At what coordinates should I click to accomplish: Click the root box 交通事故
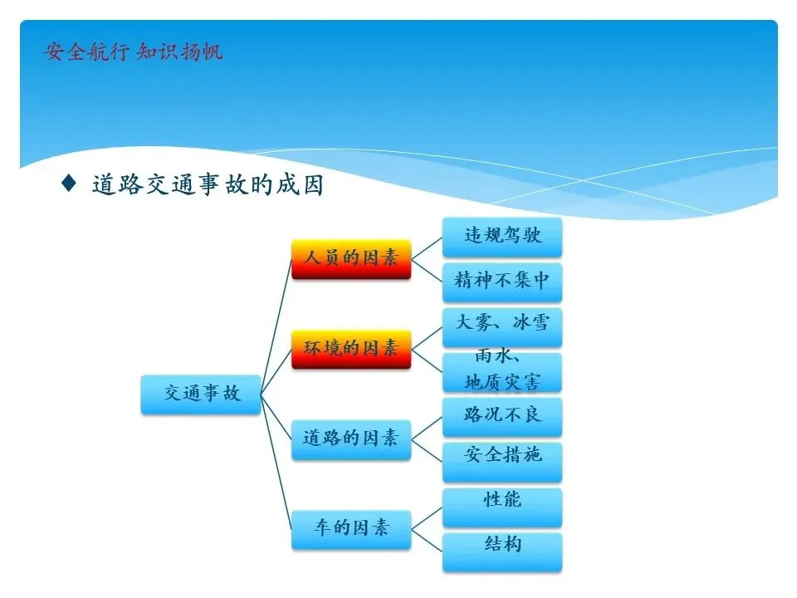[201, 394]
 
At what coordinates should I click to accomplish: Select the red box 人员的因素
[351, 259]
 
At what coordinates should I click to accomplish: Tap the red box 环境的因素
[351, 350]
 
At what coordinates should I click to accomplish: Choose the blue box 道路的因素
[351, 439]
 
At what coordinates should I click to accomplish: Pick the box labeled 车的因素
[351, 529]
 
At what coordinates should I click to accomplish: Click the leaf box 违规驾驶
[502, 237]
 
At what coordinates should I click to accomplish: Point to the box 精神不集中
[502, 282]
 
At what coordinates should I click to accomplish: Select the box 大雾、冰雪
[502, 327]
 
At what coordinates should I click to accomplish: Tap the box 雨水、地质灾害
[502, 372]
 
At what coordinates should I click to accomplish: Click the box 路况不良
[502, 417]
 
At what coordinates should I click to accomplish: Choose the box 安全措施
[502, 462]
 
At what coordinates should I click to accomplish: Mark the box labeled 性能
[502, 507]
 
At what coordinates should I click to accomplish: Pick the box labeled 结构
[502, 551]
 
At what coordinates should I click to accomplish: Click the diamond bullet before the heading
[69, 183]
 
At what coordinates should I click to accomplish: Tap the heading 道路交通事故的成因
[208, 184]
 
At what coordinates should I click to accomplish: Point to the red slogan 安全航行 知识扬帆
[133, 51]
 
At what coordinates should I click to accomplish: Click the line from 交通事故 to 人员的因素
[276, 326]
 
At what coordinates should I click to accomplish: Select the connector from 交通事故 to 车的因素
[276, 462]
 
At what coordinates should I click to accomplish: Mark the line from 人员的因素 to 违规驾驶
[427, 248]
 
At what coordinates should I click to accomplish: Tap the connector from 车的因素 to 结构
[427, 541]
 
